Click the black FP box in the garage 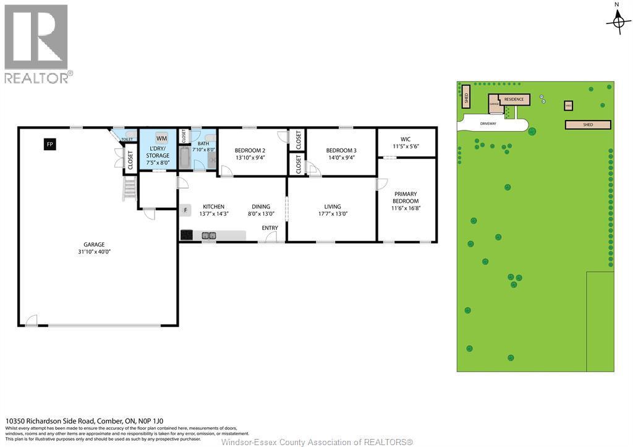point(50,144)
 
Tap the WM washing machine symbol point(161,138)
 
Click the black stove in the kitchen point(187,235)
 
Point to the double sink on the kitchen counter point(209,235)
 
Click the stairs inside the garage point(129,189)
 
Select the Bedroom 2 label point(250,150)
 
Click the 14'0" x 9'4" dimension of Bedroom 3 point(341,157)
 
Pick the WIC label point(406,139)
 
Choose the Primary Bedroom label point(406,197)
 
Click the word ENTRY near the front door point(270,228)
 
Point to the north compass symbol point(618,22)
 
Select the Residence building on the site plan point(514,100)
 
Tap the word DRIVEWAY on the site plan point(488,124)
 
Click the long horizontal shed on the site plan point(588,125)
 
